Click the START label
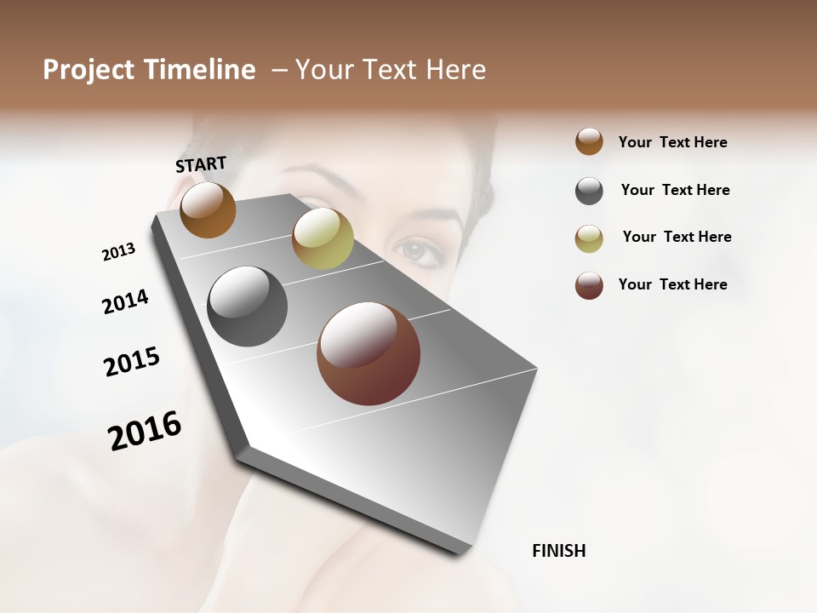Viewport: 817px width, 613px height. point(201,164)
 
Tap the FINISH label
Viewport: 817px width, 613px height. point(558,551)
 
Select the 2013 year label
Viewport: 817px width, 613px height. point(118,252)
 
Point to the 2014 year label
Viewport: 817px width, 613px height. point(125,301)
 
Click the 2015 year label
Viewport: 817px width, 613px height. point(132,362)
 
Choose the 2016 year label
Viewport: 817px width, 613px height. point(145,431)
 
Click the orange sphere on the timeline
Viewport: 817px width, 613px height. point(208,209)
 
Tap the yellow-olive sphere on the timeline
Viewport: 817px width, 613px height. point(323,238)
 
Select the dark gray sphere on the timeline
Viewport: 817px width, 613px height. point(247,306)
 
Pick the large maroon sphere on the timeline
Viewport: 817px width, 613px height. point(369,353)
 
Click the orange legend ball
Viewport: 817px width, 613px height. point(589,141)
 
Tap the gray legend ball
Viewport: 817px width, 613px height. point(589,191)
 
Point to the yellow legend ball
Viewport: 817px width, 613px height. point(589,238)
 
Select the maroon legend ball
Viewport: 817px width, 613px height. point(589,285)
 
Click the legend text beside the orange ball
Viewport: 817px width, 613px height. point(672,142)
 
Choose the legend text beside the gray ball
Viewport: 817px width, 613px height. point(675,190)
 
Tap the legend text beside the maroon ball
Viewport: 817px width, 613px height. point(672,284)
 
